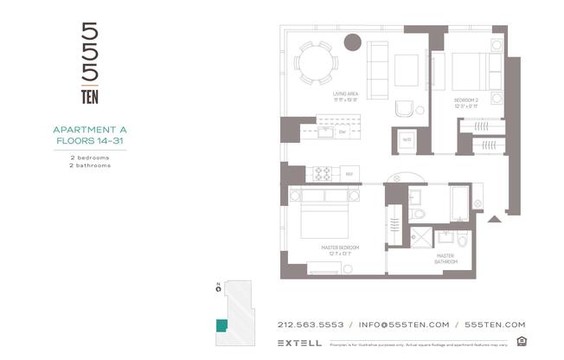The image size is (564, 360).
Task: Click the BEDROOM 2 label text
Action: pos(466,100)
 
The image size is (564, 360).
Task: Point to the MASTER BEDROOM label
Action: pos(340,247)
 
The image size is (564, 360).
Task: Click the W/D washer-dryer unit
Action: pos(406,139)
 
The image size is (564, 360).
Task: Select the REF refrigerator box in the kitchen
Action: pos(349,174)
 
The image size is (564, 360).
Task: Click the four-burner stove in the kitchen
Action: pos(323,172)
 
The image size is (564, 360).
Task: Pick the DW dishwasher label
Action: pos(343,132)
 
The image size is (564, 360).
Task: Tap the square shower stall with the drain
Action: pos(421,236)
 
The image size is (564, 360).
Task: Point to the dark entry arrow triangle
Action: pos(494,219)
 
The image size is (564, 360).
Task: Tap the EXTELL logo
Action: pos(300,343)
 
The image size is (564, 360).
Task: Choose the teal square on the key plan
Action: pos(221,325)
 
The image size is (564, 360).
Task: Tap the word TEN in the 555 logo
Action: pos(89,97)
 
